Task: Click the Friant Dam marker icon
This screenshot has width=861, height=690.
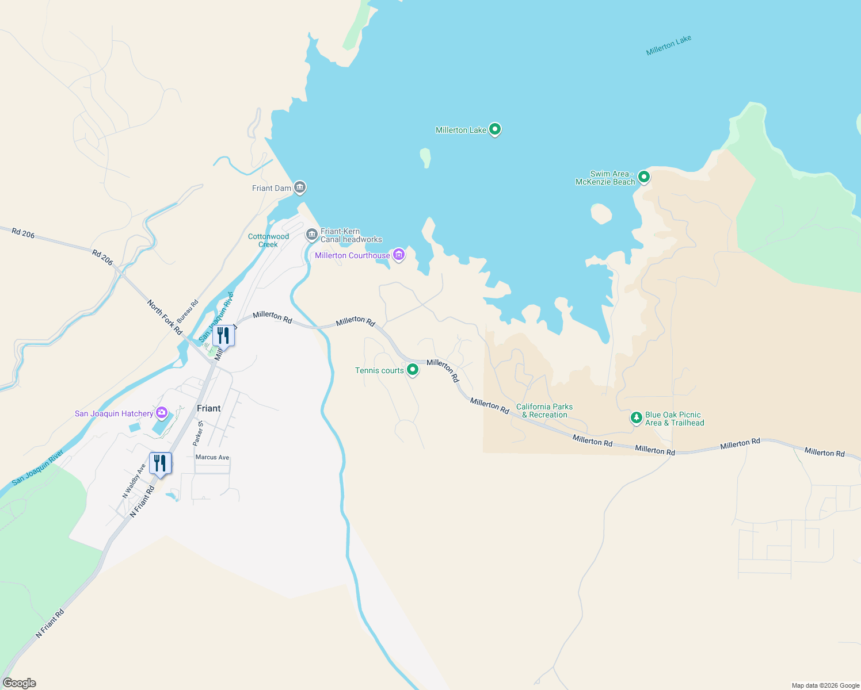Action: coord(299,187)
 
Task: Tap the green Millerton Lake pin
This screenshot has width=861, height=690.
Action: coord(494,129)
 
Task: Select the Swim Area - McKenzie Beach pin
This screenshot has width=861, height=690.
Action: coord(644,177)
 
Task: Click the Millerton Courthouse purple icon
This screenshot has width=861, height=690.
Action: coord(398,255)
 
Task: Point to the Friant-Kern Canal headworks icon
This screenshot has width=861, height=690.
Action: coord(311,235)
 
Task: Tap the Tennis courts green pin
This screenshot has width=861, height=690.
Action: coord(412,370)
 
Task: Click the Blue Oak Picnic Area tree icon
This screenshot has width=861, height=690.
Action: coord(636,418)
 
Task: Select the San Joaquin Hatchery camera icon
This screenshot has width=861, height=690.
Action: coord(162,412)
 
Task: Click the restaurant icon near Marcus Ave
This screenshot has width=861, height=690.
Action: coord(160,463)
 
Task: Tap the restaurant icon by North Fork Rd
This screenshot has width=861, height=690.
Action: coord(223,335)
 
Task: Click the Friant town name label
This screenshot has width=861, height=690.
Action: coord(208,408)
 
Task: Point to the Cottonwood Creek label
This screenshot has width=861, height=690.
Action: coord(268,240)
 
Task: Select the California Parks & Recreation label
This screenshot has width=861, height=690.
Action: coord(544,411)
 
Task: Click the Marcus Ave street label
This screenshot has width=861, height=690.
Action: coord(212,458)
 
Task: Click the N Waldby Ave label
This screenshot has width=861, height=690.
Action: coord(134,481)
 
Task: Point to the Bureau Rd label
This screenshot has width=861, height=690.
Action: coord(188,311)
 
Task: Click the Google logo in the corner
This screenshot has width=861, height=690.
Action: coord(20,683)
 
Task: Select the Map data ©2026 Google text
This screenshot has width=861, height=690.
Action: coord(825,685)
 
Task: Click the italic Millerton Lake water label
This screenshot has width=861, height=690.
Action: coord(668,45)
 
